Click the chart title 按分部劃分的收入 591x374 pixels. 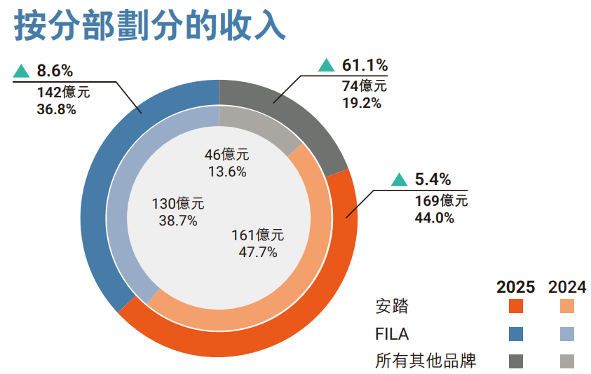click(x=150, y=27)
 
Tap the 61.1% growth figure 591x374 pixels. click(x=365, y=65)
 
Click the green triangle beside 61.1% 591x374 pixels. click(x=326, y=65)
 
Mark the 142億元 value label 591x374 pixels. click(x=63, y=91)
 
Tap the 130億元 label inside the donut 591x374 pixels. click(x=178, y=204)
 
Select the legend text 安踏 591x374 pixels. click(x=391, y=306)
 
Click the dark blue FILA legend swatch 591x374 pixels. click(x=516, y=333)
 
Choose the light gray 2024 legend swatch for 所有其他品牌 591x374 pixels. click(x=567, y=361)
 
